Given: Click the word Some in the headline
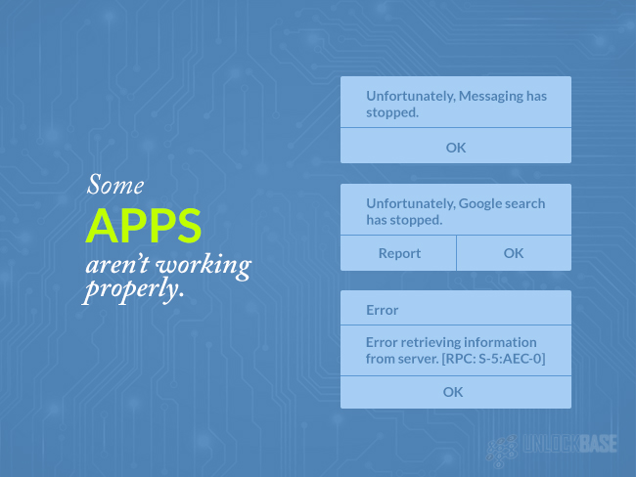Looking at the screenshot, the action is tap(115, 185).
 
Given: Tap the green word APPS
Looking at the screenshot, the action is tap(144, 226).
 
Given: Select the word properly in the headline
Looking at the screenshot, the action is tap(133, 290).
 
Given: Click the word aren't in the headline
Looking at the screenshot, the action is tap(117, 265).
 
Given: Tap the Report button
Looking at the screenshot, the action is tap(398, 253).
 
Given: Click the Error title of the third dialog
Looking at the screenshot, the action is tap(382, 310).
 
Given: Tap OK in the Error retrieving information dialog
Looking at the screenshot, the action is tap(453, 392).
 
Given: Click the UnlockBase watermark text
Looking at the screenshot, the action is tap(569, 444).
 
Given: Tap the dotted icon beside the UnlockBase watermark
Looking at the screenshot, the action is tap(502, 450).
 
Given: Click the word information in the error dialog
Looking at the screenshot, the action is tap(500, 342).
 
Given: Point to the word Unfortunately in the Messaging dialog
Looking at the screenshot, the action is tap(411, 97).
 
